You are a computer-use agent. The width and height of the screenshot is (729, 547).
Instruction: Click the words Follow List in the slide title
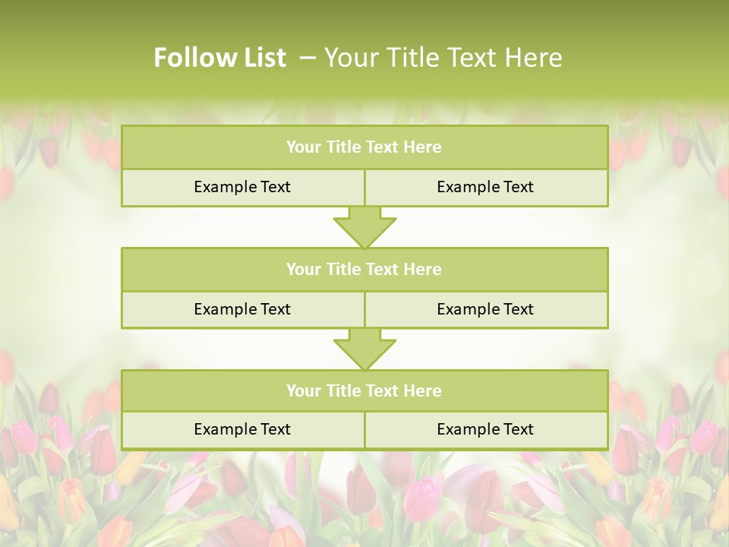point(220,58)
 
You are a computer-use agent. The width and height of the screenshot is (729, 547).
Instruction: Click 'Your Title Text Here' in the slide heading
point(443,58)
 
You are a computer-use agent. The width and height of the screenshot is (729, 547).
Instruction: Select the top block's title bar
point(364,147)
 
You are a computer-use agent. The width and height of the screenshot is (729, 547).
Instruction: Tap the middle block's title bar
point(364,269)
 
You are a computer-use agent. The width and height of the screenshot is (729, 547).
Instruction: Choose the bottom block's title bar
point(364,390)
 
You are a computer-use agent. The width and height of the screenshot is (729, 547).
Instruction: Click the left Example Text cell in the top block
point(242,187)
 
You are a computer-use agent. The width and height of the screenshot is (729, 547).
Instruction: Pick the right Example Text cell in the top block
point(485,187)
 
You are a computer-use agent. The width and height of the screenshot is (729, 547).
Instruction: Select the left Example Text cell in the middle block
point(242,309)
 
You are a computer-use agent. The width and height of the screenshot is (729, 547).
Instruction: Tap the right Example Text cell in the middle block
point(485,309)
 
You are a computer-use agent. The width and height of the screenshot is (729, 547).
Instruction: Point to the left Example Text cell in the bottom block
point(242,429)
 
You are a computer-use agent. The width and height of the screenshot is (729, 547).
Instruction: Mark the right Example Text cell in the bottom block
point(485,429)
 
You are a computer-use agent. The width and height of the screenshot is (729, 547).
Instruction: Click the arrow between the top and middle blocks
point(364,227)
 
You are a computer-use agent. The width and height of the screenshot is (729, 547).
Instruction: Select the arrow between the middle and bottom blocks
point(364,349)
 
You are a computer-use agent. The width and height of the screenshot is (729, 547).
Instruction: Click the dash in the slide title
point(308,58)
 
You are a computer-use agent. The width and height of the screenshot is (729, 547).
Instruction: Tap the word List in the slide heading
point(263,58)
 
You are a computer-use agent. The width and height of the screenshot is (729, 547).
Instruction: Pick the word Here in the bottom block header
point(423,390)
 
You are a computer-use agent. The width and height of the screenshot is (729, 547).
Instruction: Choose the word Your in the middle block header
point(304,269)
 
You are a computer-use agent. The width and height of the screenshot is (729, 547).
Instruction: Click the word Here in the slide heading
point(535,58)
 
